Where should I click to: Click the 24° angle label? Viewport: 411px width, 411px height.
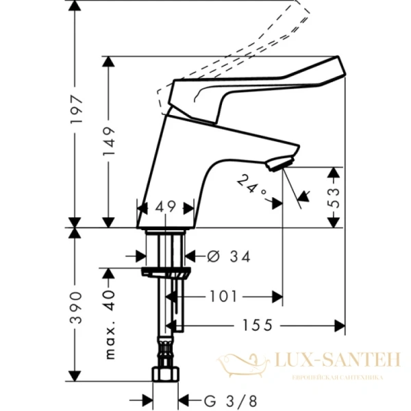click(x=251, y=186)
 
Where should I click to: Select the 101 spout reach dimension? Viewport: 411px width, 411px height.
click(x=223, y=297)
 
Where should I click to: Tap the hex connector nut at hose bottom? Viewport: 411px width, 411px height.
click(x=165, y=375)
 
